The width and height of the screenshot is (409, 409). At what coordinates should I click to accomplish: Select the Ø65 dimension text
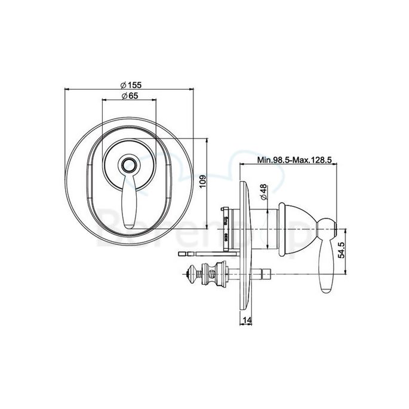tap(130, 96)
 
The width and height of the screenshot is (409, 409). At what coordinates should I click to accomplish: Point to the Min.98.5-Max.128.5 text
tap(294, 161)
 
